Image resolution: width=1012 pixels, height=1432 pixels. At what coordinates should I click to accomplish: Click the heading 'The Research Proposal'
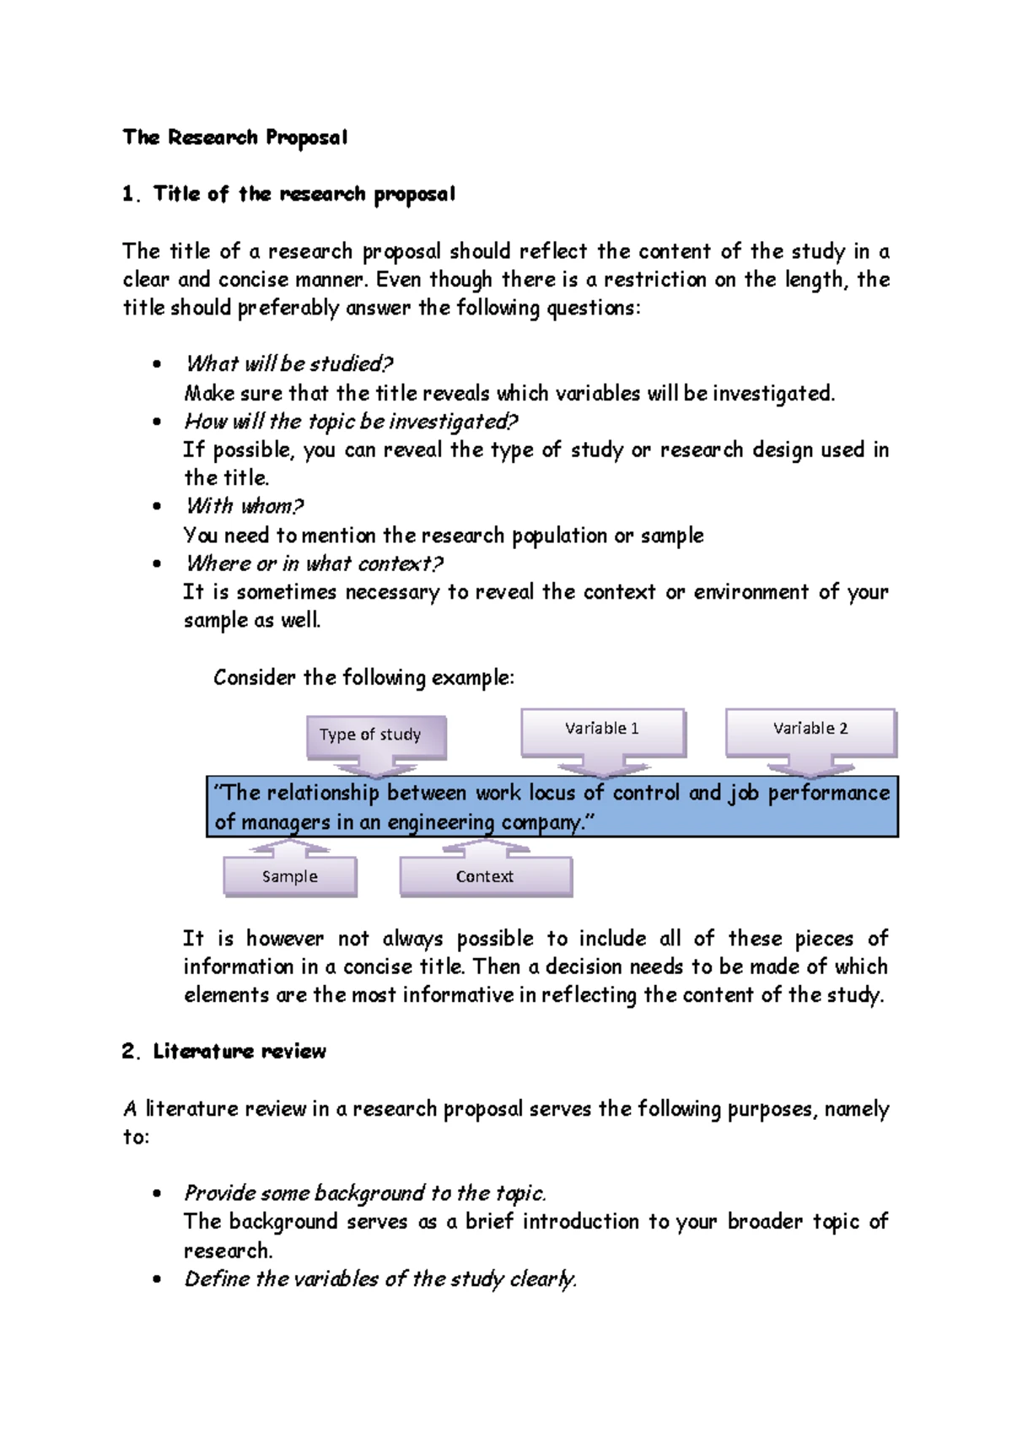(234, 137)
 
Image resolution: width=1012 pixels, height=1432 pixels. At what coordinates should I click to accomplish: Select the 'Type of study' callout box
(370, 735)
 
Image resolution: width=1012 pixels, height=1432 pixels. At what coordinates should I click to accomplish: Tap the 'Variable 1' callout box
(602, 729)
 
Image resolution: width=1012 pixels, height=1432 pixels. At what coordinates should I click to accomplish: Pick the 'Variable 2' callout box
(810, 729)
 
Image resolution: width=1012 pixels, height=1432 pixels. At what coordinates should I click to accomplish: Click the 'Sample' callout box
(289, 876)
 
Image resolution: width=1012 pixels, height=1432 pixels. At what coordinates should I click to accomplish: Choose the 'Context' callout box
(485, 876)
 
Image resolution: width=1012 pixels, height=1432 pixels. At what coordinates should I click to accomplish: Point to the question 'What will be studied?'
(288, 364)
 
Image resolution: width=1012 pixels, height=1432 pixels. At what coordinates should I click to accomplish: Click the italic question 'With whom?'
(244, 506)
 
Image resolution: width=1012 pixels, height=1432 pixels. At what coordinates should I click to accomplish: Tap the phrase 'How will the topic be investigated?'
(350, 421)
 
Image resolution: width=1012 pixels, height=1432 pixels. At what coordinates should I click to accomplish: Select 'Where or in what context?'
(314, 563)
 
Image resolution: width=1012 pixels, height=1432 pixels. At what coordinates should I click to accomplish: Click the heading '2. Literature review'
(223, 1052)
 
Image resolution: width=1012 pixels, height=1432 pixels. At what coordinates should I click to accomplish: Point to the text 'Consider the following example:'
(363, 677)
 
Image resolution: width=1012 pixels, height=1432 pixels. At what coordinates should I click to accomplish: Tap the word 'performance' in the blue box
(828, 793)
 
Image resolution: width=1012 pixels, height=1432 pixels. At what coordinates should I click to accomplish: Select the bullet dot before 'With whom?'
(156, 507)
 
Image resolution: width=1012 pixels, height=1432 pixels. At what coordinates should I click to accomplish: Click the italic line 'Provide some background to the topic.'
(364, 1193)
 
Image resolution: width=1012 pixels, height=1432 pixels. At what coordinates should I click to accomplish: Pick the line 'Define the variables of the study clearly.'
(379, 1279)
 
